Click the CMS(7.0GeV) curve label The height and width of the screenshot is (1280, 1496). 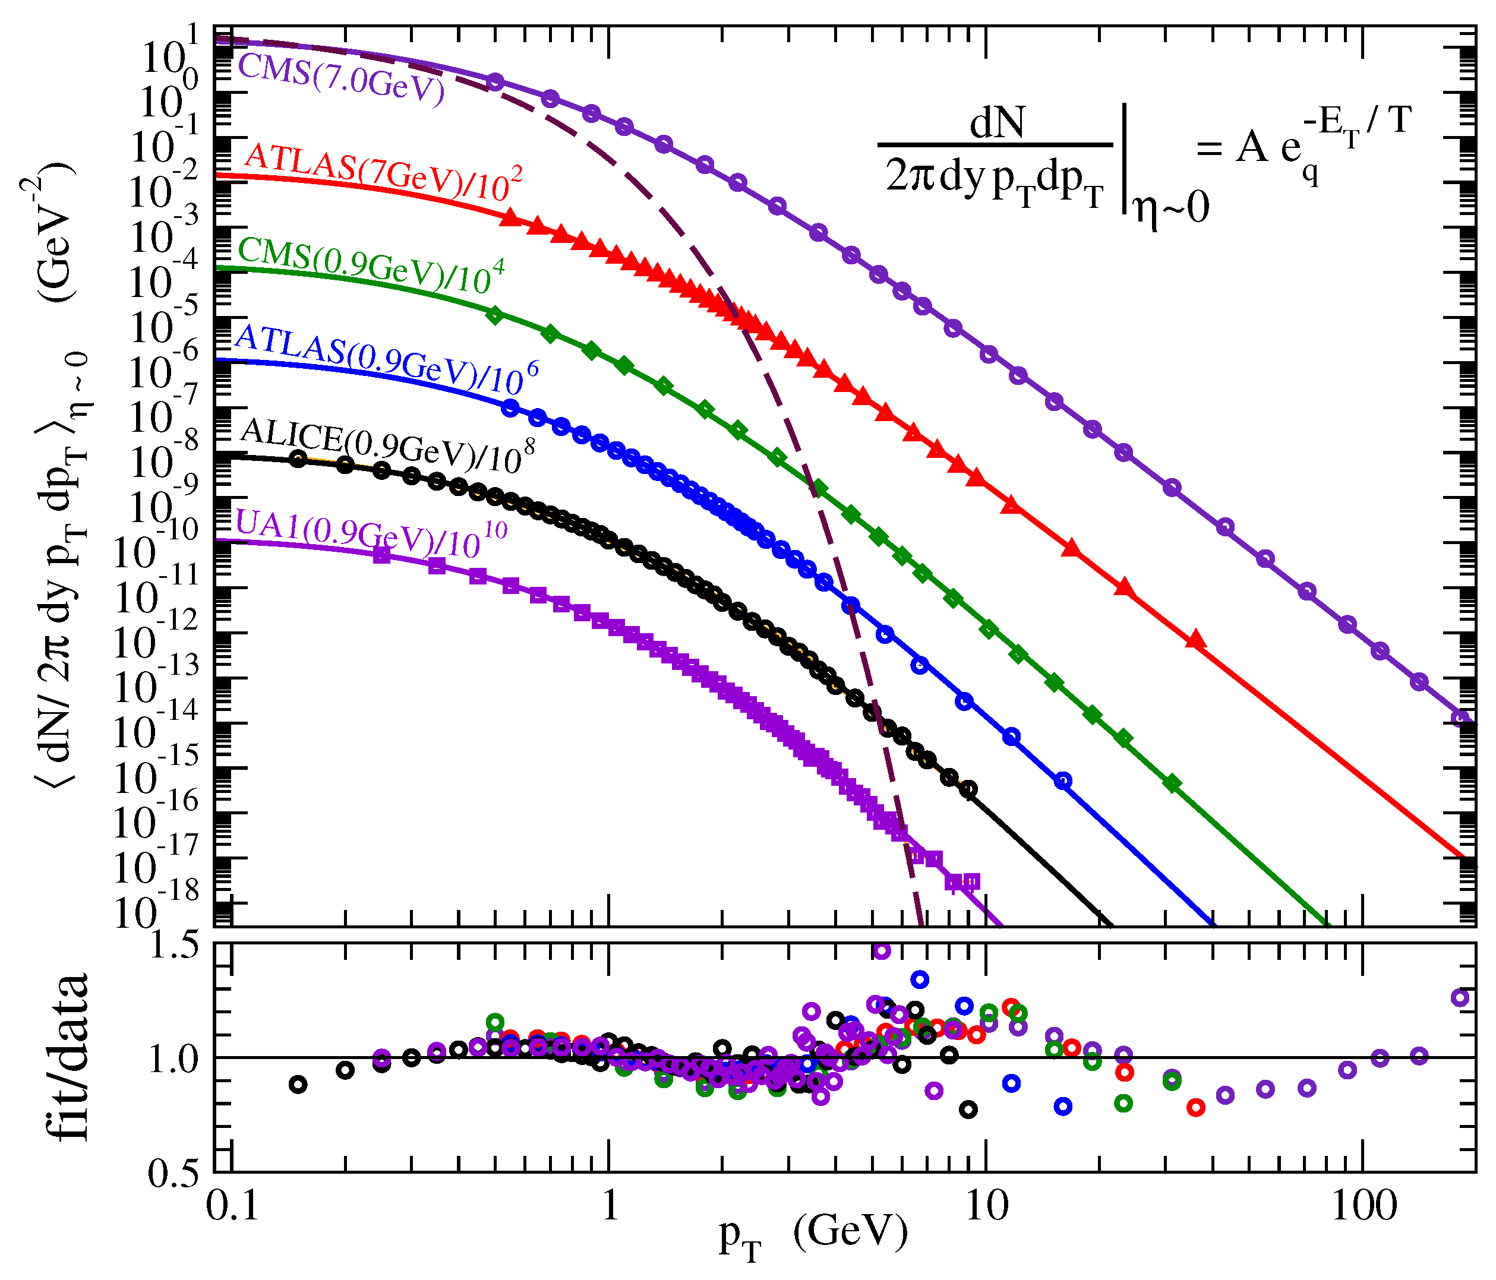pyautogui.click(x=341, y=80)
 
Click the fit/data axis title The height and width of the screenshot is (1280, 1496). pyautogui.click(x=71, y=1058)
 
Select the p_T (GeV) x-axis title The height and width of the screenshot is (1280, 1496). pyautogui.click(x=812, y=1234)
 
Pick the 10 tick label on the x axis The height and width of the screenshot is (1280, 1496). pyautogui.click(x=986, y=1206)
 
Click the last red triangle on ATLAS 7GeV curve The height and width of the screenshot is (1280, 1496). pyautogui.click(x=1197, y=639)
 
